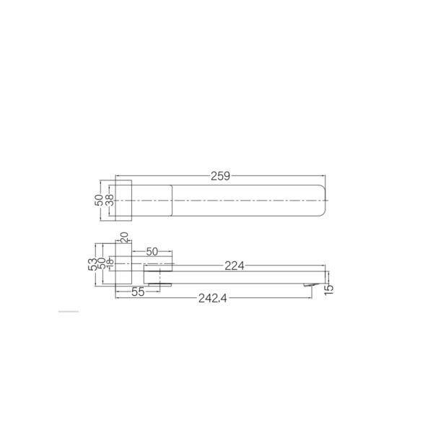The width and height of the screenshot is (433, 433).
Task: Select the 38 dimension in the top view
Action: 110,198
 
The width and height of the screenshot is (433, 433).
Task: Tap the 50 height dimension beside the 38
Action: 100,198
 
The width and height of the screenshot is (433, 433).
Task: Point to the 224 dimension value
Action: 232,266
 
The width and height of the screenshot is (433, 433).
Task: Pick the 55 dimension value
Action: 139,292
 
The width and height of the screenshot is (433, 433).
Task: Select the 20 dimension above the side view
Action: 124,238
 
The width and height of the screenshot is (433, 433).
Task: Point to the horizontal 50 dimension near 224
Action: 152,253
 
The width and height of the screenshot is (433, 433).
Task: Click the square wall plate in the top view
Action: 123,198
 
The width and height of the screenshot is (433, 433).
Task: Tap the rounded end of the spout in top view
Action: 321,198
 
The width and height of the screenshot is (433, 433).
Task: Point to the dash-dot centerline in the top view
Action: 216,198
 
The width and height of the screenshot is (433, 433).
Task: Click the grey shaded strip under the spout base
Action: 160,284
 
